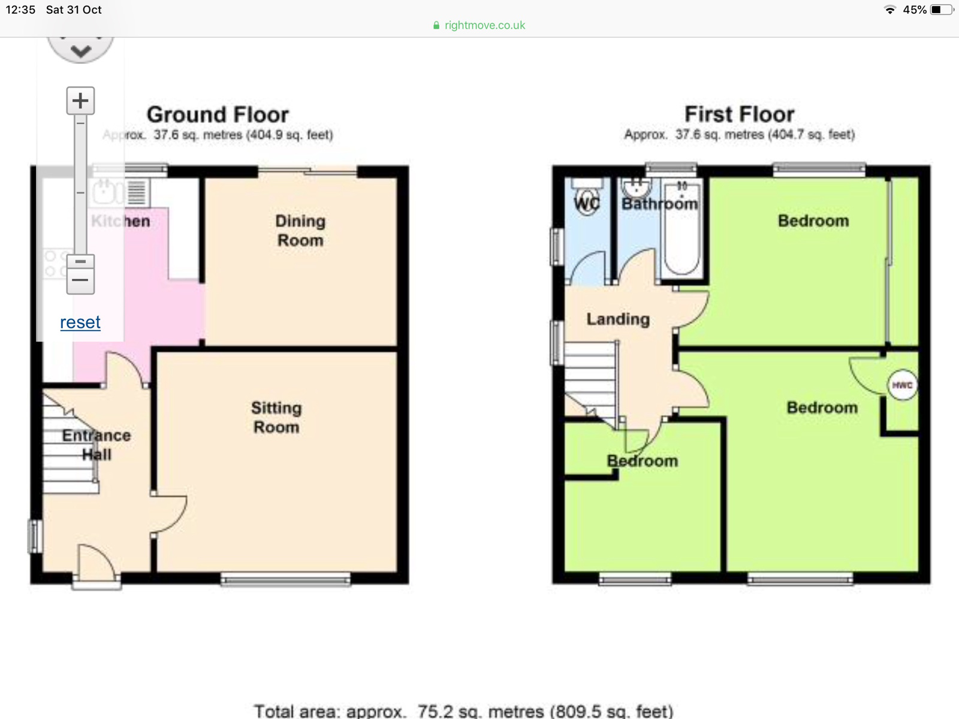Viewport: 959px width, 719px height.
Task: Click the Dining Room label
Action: point(300,231)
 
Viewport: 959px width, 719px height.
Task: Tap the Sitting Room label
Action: point(276,418)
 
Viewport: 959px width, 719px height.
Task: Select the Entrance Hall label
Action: point(96,445)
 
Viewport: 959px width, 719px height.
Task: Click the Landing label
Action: point(618,319)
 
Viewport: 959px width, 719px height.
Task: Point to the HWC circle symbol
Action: point(902,385)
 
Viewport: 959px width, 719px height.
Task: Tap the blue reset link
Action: point(80,322)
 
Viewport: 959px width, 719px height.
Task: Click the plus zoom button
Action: point(80,101)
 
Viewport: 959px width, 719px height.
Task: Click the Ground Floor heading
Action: point(218,114)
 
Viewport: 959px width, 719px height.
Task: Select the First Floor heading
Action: point(739,114)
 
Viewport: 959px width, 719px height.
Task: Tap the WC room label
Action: point(586,204)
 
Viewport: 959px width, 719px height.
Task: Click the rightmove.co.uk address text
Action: point(484,25)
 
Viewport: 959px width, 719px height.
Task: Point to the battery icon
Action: point(941,10)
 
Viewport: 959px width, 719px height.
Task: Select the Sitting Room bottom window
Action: point(285,579)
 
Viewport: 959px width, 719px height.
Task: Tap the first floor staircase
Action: point(590,377)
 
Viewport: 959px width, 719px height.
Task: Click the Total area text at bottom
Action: point(463,711)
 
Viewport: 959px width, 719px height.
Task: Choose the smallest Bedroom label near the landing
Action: point(642,461)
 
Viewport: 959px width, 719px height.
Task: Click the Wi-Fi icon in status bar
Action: point(890,10)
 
